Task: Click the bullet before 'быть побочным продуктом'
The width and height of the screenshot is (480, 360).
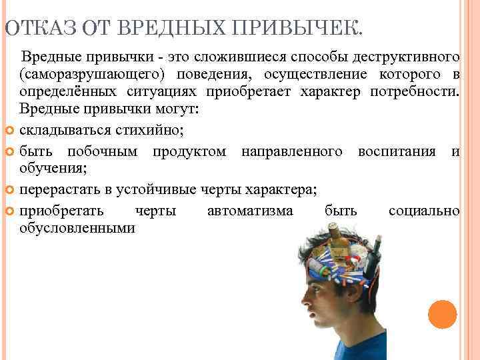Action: point(9,152)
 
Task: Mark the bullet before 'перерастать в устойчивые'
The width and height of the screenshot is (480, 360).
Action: point(9,190)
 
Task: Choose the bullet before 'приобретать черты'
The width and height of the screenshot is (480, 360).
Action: point(9,212)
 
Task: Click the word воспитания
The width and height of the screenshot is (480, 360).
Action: point(397,151)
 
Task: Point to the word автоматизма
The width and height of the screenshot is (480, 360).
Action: point(250,211)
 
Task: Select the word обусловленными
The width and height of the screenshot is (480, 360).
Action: point(77,229)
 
